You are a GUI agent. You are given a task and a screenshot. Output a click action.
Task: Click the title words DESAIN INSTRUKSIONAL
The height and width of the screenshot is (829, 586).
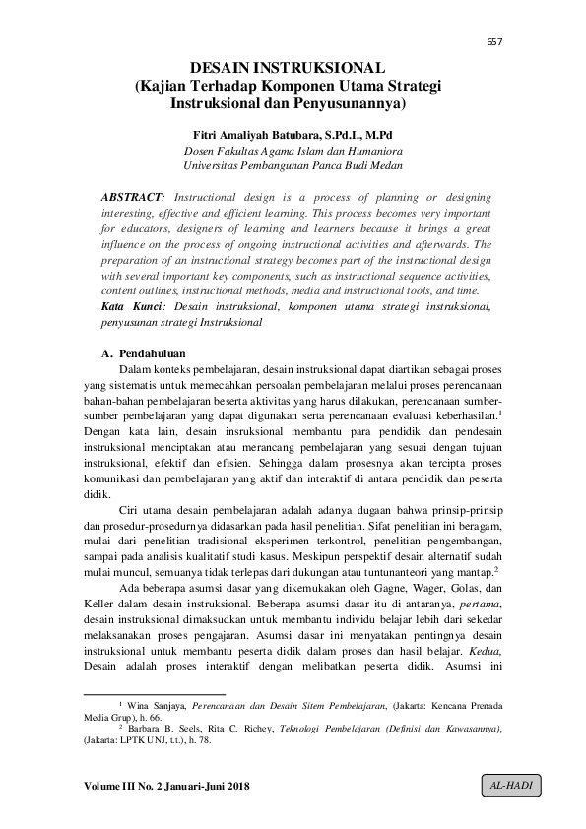287,68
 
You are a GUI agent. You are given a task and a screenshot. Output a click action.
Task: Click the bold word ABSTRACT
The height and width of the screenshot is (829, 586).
132,197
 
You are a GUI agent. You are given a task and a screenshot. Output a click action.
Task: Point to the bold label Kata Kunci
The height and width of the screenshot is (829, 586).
126,307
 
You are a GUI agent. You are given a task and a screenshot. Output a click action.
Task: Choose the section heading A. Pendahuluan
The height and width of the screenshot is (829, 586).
143,351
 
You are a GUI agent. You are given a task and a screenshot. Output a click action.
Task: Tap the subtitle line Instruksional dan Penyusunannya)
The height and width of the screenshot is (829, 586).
288,102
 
